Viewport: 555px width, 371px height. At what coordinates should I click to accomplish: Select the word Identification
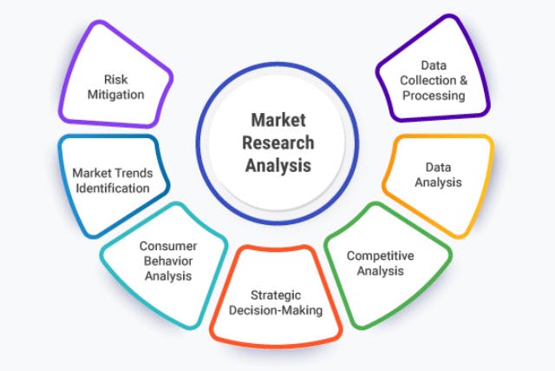point(112,188)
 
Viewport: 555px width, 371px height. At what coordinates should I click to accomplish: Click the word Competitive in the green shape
point(380,255)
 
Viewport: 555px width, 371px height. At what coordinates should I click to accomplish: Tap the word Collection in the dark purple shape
point(430,80)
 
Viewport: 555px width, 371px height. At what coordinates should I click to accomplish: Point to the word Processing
point(440,95)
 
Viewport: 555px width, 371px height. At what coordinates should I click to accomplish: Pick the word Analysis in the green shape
point(380,271)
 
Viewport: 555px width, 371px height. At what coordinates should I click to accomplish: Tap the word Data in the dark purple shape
point(440,65)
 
